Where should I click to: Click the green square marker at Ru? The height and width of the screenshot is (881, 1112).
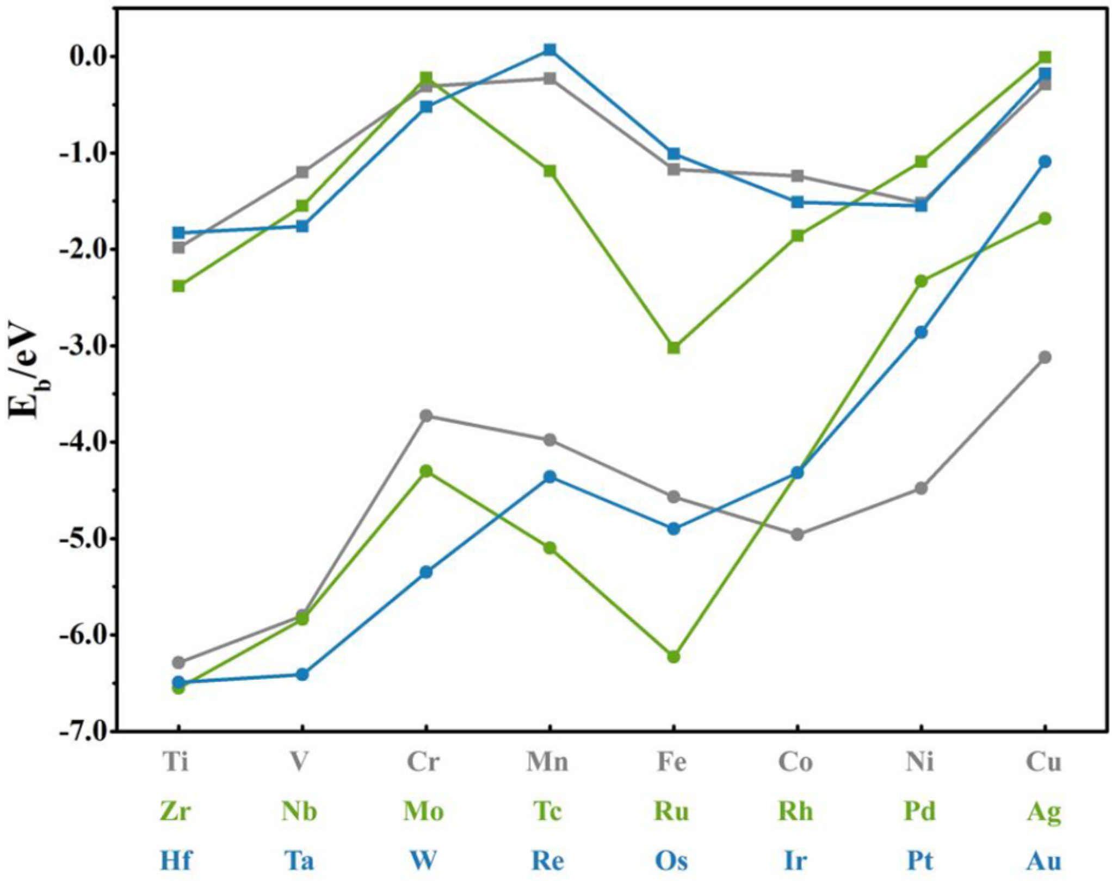coord(674,347)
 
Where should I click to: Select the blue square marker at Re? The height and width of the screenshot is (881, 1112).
coord(550,50)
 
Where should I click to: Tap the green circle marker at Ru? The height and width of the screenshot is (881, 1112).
coord(674,657)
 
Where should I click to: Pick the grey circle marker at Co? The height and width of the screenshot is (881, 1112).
coord(798,534)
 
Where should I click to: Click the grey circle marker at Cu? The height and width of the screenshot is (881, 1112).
coord(1045,358)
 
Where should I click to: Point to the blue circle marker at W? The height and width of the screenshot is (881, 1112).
coord(426,572)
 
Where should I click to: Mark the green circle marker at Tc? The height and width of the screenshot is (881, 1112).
coord(550,547)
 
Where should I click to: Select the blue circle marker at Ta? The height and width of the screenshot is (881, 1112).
coord(302,675)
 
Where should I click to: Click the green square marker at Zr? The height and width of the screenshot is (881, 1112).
coord(178,286)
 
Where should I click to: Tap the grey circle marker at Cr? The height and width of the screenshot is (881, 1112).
coord(426,416)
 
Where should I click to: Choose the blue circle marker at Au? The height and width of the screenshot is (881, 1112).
coord(1045,162)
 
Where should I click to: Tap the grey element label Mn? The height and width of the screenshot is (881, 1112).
coord(547,762)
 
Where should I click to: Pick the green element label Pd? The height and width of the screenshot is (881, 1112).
coord(919,811)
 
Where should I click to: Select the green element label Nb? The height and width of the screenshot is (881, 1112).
coord(299,811)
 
